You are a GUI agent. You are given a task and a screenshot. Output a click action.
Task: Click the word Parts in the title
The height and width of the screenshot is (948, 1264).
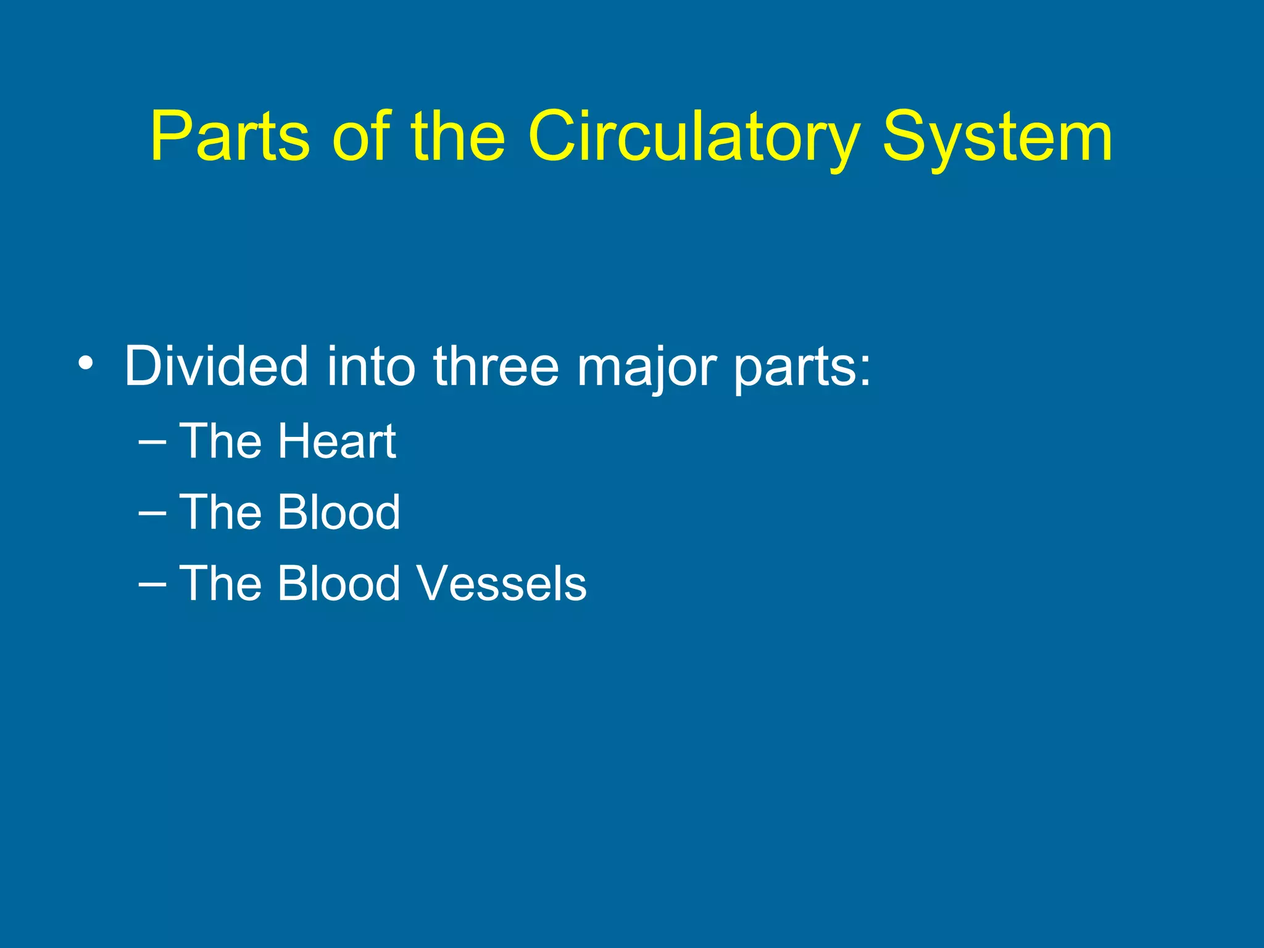229,136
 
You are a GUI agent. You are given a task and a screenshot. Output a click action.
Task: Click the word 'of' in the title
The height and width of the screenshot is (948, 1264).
360,136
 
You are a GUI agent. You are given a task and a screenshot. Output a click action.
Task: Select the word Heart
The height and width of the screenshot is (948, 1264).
336,441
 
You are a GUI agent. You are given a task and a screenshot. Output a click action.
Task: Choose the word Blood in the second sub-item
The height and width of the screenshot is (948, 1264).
339,512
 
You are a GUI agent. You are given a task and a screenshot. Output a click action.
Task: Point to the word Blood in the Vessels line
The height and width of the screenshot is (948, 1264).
339,583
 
